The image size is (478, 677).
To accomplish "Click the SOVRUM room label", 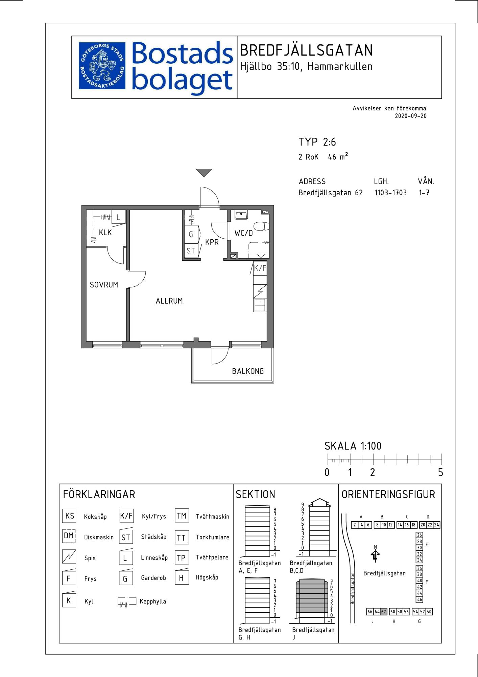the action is pos(104,285).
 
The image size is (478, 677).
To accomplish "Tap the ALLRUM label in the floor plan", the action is pos(169,301).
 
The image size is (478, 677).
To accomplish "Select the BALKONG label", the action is pos(248,371).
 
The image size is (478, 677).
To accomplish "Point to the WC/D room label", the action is pos(243,233).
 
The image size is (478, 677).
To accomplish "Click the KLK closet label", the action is pos(105,233).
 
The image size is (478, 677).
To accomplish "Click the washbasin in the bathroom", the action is pos(241,215).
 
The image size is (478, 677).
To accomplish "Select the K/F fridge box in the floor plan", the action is pos(260,268).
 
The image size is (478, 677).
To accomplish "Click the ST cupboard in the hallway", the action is pos(191,251).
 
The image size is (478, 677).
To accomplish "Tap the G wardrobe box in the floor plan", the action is pos(191,234).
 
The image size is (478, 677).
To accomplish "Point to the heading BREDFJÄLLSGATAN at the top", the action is pos(306,50).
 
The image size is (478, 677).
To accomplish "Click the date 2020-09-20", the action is pos(411,116).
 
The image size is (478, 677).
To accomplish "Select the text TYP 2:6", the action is pos(317,142).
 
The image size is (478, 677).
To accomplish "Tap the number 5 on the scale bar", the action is pos(440,472).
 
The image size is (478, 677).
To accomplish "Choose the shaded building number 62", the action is pos(384,612).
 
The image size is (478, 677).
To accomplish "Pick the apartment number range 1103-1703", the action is pos(390,193).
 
